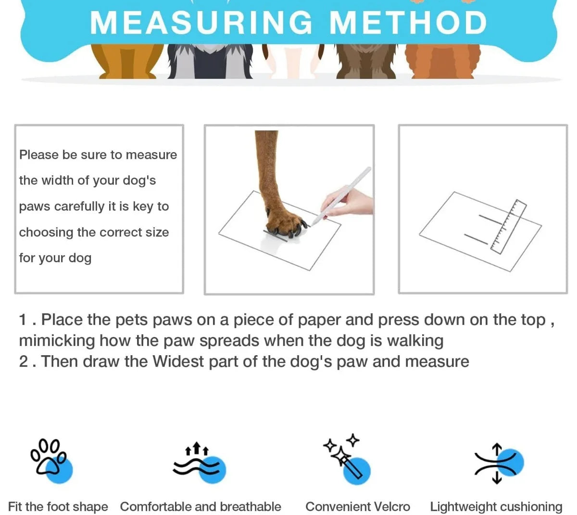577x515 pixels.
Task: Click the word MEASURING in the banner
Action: coord(201,23)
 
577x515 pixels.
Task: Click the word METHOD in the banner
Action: coord(408,23)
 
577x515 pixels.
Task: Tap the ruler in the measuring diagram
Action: coord(508,227)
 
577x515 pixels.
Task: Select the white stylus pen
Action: coord(341,196)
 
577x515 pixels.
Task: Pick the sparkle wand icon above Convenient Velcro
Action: coord(346,459)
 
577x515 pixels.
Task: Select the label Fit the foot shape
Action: coord(58,507)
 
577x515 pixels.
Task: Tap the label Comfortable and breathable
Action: coord(201,507)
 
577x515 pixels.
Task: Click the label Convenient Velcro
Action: coord(358,507)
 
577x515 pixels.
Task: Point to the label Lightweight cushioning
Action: coord(496,507)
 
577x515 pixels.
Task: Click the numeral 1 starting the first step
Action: coord(23,320)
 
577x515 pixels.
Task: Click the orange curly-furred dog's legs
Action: coord(442,61)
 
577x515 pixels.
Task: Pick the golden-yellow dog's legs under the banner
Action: coord(127,61)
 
